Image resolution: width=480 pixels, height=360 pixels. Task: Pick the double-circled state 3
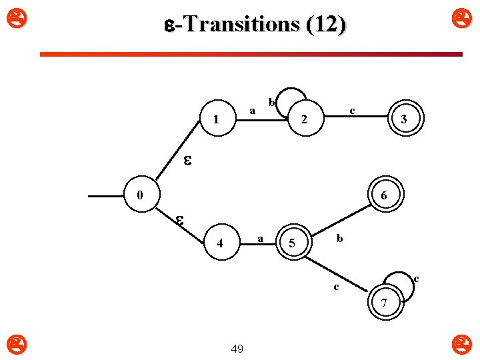404,120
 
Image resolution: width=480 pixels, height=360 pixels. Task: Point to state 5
292,243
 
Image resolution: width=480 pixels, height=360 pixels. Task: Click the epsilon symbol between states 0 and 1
189,160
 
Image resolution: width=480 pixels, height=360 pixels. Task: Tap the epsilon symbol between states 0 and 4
180,219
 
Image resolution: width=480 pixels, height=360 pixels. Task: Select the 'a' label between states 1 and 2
252,110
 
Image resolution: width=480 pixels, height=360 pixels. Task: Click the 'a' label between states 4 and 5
261,237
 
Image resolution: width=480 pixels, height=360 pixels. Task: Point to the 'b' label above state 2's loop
271,102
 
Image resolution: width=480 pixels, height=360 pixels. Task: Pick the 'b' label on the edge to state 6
339,237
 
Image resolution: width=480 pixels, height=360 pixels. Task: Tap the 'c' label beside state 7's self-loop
416,277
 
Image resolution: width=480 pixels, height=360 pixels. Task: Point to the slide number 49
237,348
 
